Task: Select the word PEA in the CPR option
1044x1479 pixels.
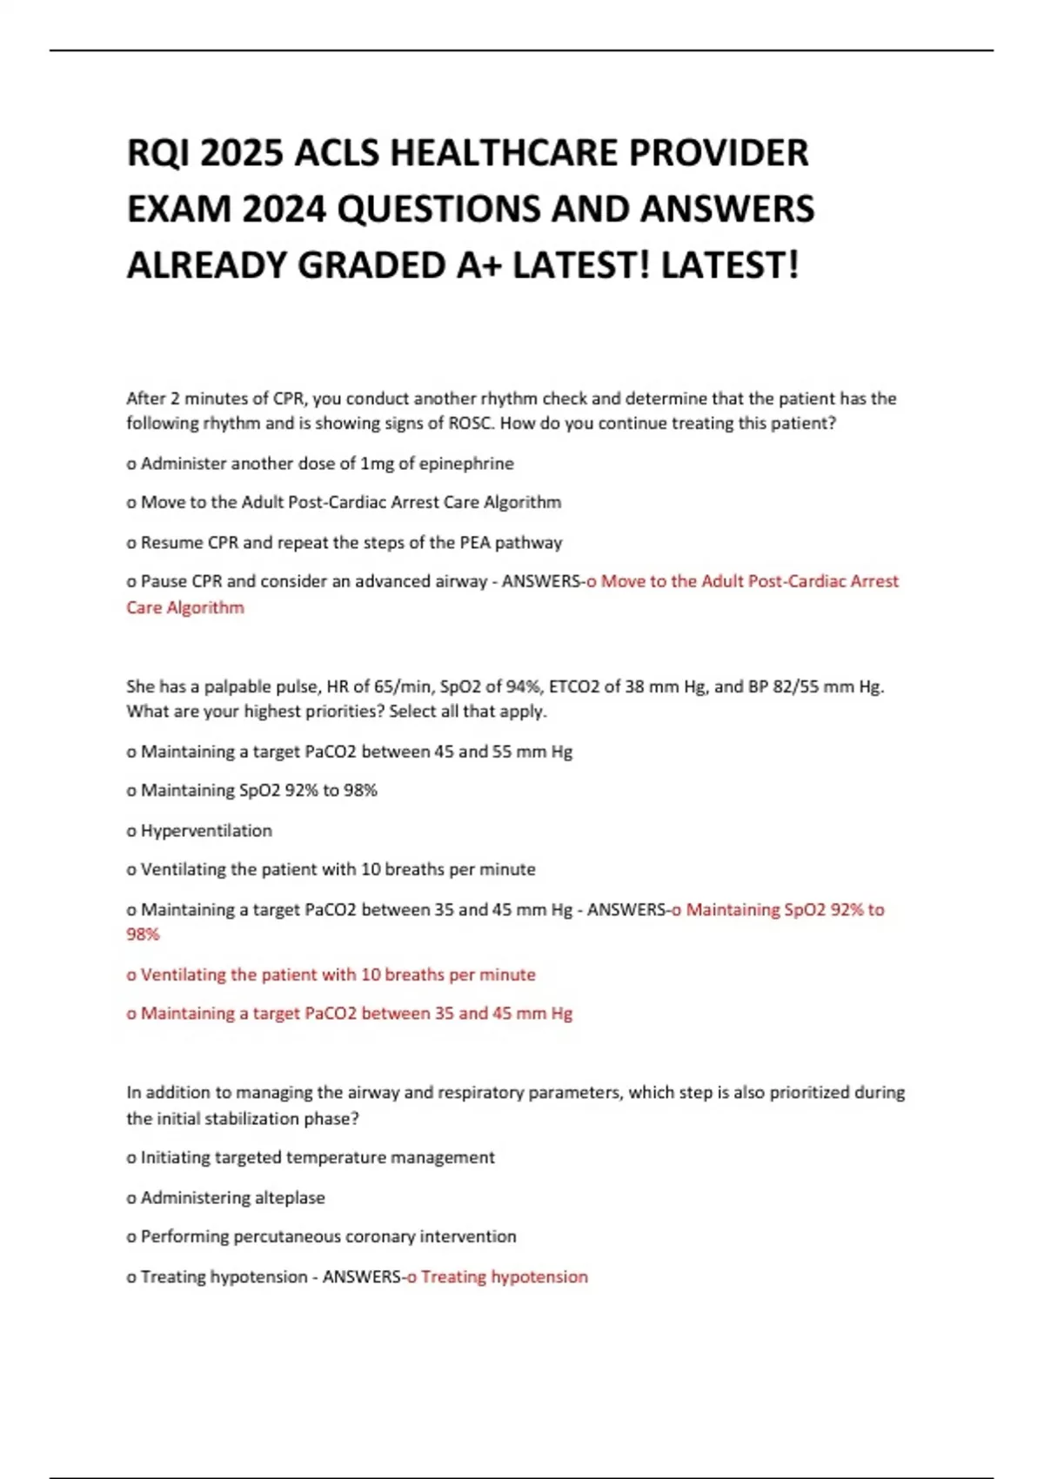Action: click(x=474, y=543)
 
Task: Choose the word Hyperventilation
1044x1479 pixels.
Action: click(x=206, y=831)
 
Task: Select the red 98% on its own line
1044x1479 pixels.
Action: click(x=143, y=934)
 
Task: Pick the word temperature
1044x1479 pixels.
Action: click(x=334, y=1158)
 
